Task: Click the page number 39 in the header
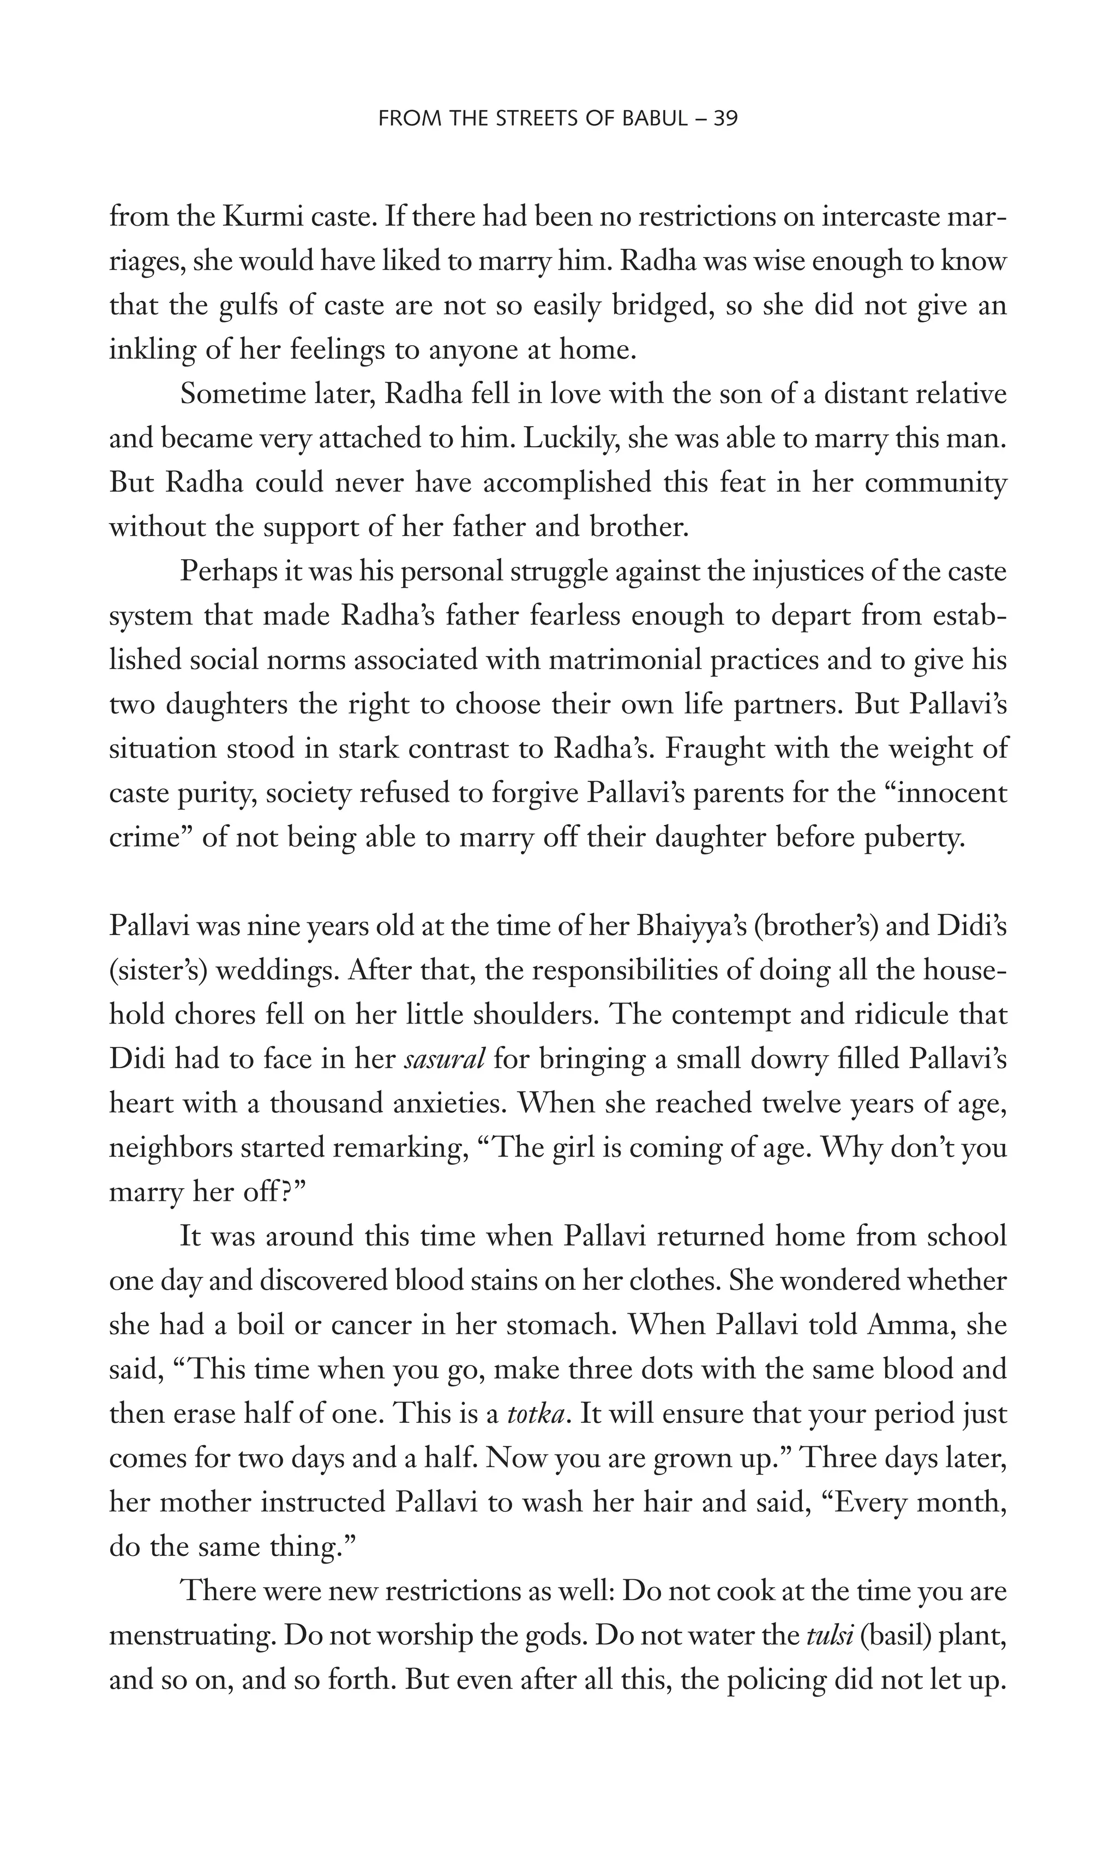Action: click(724, 119)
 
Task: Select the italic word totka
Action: click(535, 1414)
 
